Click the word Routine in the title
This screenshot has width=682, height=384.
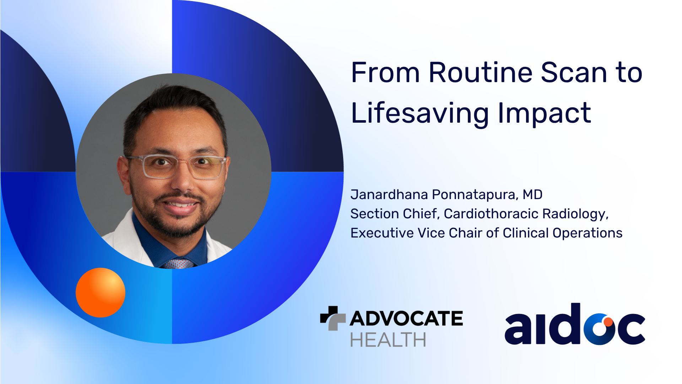[481, 73]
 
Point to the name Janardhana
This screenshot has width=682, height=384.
[389, 195]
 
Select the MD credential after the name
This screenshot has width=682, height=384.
[532, 195]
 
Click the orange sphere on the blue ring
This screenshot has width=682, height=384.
[101, 292]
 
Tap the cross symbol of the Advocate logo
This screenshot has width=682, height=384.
[333, 318]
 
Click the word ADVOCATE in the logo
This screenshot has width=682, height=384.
[406, 318]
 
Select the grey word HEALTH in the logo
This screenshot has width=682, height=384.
[388, 340]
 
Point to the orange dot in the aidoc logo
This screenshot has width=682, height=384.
[608, 322]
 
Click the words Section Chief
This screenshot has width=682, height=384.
[395, 214]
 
